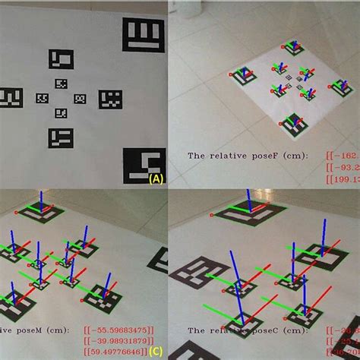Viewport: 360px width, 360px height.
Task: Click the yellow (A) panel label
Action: (156, 179)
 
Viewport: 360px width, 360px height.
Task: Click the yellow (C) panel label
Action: (156, 351)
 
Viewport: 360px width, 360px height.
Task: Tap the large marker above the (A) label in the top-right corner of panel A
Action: (144, 36)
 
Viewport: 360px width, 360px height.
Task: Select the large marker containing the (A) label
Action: (145, 166)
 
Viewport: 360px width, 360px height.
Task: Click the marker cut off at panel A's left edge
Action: (9, 98)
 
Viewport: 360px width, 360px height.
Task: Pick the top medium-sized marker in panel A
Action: (61, 59)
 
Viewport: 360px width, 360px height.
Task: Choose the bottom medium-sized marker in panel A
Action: (61, 137)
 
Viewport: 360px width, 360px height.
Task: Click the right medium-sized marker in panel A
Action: (110, 99)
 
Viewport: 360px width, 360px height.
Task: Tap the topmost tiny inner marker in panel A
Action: (61, 84)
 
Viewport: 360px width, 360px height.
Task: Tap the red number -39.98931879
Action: (121, 340)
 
